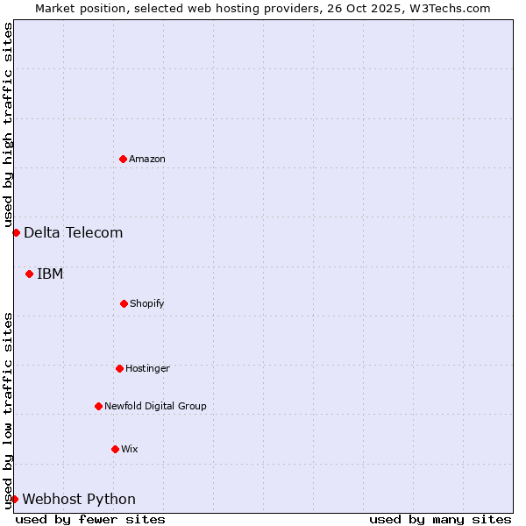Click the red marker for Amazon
[123, 159]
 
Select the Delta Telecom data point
[16, 232]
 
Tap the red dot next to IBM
[29, 274]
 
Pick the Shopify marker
[124, 303]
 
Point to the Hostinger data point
[119, 368]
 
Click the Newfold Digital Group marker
[98, 406]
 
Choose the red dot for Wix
[115, 449]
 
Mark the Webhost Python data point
[14, 499]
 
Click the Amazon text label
[147, 159]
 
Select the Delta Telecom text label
[73, 232]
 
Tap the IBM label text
[50, 274]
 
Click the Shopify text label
[147, 303]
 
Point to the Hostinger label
[147, 368]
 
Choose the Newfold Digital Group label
[155, 406]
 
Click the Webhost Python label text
[79, 499]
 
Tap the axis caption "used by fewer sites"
[90, 519]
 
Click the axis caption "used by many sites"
[440, 519]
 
